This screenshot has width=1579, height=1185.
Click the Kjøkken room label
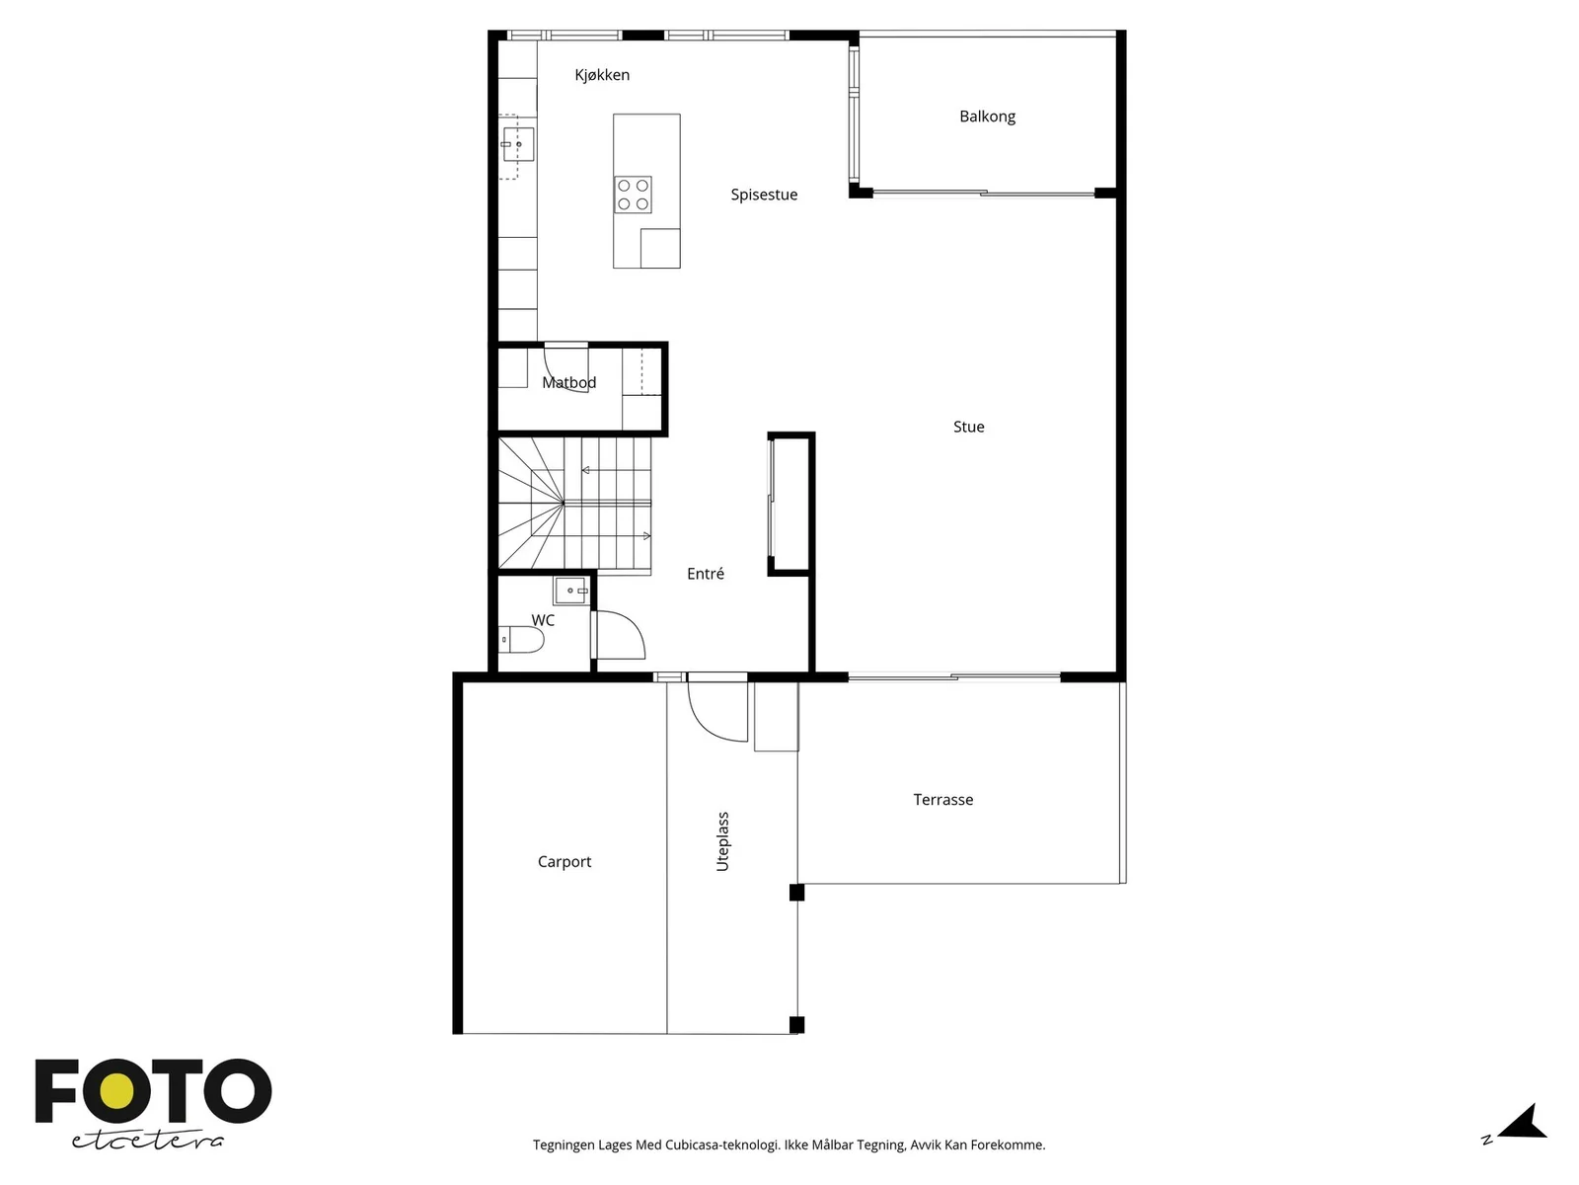coord(602,75)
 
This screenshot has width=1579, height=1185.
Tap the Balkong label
coord(987,117)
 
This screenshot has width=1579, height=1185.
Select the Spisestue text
coord(764,195)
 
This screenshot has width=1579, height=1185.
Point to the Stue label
coord(968,427)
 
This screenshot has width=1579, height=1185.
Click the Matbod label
coord(569,383)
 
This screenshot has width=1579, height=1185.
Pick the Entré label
coord(705,574)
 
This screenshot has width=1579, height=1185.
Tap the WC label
coord(543,620)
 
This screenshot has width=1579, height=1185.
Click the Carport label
coord(564,862)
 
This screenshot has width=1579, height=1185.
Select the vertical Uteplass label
coord(723,841)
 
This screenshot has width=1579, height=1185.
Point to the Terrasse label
coord(943,799)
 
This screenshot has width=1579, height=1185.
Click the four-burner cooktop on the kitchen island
coord(633,195)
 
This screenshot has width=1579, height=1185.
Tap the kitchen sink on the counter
coord(518,144)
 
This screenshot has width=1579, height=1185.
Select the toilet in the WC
coord(521,639)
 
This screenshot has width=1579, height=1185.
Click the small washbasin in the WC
coord(571,591)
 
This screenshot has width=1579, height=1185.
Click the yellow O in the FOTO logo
coord(115,1091)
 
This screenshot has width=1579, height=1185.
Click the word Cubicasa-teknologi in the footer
coord(722,1145)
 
